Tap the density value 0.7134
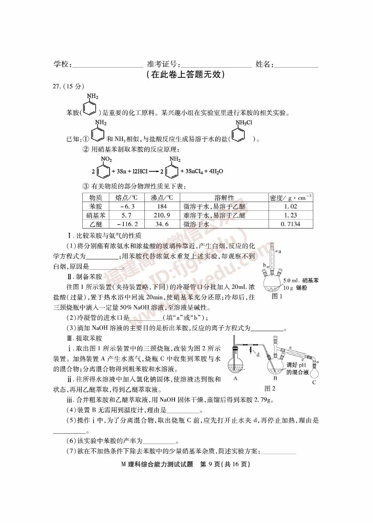pos(290,224)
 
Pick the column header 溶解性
pos(224,198)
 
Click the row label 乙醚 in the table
pos(96,224)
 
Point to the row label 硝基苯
pos(96,215)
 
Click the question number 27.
pos(57,86)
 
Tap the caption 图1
pos(277,296)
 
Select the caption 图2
pos(270,388)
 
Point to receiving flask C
pos(314,372)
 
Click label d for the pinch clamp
pos(258,354)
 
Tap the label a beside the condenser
pos(280,251)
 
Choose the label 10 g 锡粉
pos(295,288)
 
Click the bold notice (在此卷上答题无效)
pos(186,74)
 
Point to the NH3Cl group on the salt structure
pos(244,122)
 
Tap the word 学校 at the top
pos(62,64)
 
